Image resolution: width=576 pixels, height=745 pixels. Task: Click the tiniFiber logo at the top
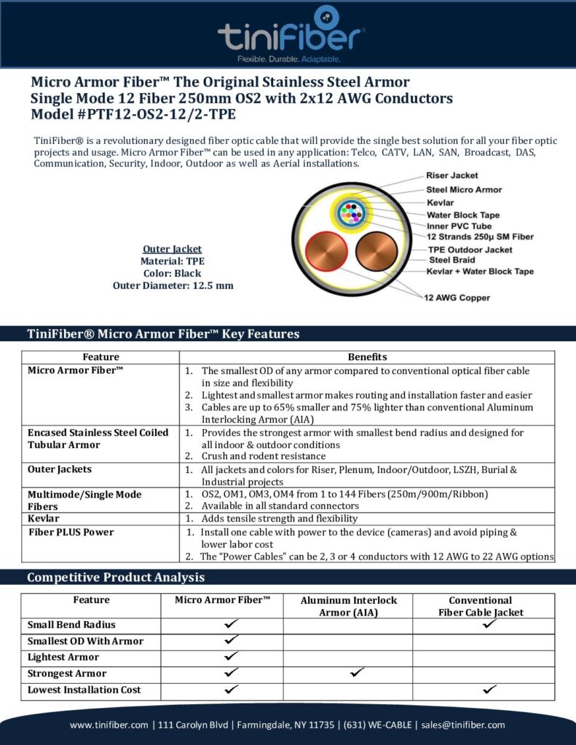coord(291,33)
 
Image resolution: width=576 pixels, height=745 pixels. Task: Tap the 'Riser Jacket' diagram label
coord(451,175)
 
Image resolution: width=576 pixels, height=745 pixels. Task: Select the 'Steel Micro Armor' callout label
coord(464,190)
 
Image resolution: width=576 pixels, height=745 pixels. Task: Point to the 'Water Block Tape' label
coord(462,215)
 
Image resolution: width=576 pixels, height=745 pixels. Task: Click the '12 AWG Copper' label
coord(457,298)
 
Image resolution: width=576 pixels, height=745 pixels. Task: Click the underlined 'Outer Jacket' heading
coord(173,249)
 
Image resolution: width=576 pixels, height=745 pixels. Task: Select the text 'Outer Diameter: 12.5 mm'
coord(173,285)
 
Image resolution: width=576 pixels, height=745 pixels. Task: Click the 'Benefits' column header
coord(367,357)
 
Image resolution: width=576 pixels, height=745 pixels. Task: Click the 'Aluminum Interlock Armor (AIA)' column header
coord(349,606)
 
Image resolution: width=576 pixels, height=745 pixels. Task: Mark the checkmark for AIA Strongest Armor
coord(357,673)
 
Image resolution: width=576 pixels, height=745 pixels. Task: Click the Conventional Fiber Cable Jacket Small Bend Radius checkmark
coord(489,624)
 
